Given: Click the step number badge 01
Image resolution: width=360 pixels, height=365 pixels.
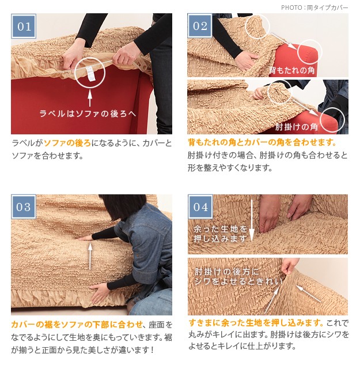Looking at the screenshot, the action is coord(24,26).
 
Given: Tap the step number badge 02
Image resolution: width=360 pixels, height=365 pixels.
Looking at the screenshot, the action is coord(200,25).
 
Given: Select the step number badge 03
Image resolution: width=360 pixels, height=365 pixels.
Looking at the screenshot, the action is coord(24,206).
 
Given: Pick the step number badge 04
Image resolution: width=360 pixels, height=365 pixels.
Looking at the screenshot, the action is coord(200,206).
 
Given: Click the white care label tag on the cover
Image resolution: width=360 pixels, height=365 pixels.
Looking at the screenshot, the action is coord(90,74).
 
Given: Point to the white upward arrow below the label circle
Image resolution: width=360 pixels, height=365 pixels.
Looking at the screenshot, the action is coord(90,98).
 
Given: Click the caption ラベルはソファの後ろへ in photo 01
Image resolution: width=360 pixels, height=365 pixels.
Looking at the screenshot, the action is coord(88,114).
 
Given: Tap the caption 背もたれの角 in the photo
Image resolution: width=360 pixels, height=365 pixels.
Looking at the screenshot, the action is coord(291,70).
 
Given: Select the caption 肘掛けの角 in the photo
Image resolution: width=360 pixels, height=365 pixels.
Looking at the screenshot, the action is coord(296,127).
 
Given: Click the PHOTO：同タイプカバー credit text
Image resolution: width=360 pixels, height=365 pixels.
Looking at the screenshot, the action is coord(314,7).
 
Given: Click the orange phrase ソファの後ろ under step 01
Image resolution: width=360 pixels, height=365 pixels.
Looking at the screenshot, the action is coord(67,143).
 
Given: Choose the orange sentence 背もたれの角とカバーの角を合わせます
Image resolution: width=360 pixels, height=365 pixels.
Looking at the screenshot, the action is coord(262,142).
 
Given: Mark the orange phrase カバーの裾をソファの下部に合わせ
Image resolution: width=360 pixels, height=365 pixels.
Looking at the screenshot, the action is coord(77,324).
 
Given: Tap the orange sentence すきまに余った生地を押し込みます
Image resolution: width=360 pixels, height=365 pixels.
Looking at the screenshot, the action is coord(256,323).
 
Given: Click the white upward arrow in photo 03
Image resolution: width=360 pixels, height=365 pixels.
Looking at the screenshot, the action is coord(90,255).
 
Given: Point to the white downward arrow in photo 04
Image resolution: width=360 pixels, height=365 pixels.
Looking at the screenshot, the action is coord(252,220).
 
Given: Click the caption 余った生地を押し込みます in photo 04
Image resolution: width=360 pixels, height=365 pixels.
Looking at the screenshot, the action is coord(220,234).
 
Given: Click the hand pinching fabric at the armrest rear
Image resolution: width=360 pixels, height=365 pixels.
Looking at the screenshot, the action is coord(289,266).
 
